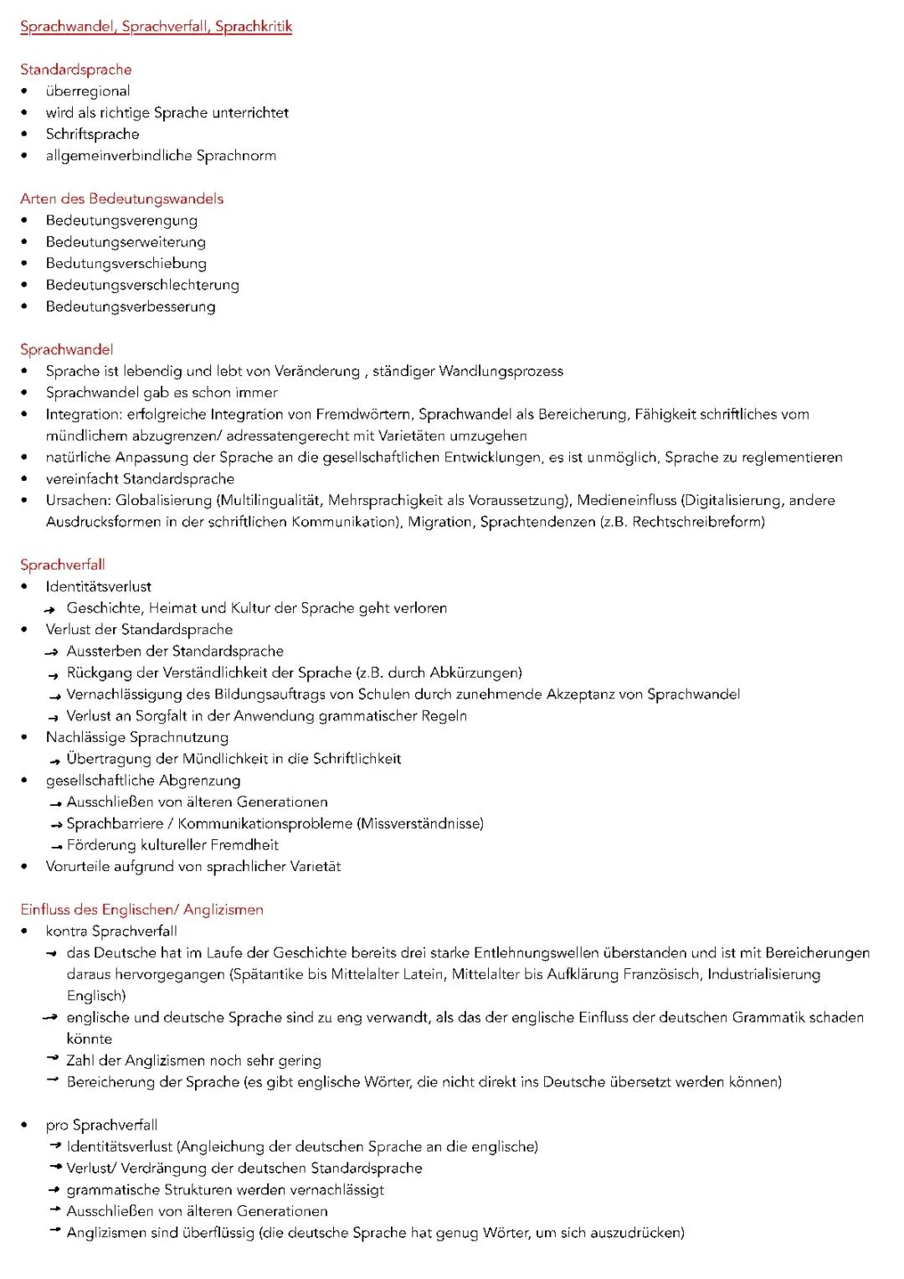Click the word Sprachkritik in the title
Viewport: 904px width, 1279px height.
(253, 27)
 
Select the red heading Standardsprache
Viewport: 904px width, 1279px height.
(76, 70)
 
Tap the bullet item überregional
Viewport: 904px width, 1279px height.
(88, 91)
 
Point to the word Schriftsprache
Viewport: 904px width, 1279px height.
(92, 134)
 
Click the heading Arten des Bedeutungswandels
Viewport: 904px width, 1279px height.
(122, 199)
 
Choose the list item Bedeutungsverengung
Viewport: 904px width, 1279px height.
(121, 220)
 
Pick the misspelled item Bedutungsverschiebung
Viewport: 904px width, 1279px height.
(126, 264)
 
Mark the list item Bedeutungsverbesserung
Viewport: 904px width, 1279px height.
(131, 307)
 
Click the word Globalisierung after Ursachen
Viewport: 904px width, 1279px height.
(163, 501)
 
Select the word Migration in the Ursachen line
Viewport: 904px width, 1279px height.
(439, 522)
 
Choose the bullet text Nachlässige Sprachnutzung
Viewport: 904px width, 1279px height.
(137, 737)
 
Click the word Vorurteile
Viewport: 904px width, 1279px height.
(79, 867)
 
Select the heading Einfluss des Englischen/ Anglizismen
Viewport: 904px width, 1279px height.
(142, 910)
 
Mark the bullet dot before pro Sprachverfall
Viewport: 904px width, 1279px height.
(25, 1126)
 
